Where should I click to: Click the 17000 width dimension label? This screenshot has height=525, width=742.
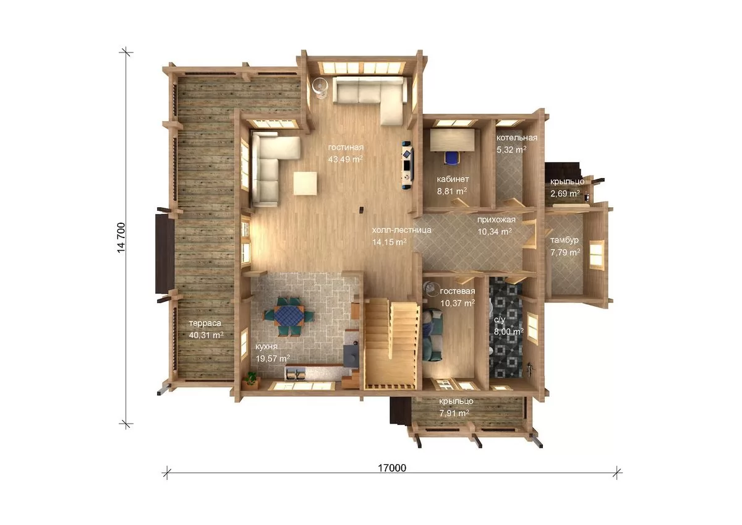click(392, 467)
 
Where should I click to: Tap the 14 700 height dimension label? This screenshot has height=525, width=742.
click(121, 238)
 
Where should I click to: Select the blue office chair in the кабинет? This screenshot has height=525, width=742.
click(451, 157)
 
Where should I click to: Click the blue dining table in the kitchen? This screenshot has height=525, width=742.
click(289, 315)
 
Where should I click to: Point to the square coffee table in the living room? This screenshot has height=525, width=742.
click(305, 183)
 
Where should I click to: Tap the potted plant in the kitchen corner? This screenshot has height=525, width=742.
click(252, 379)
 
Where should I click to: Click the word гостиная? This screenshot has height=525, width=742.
click(346, 147)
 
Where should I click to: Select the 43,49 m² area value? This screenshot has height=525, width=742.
click(345, 160)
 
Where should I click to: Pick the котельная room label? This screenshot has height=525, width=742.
click(516, 137)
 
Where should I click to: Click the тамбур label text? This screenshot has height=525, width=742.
click(565, 240)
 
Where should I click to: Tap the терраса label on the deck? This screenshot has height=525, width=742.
click(205, 323)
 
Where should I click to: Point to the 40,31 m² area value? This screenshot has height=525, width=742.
click(206, 335)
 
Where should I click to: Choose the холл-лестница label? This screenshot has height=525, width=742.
click(401, 230)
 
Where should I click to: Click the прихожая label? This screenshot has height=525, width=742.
click(496, 220)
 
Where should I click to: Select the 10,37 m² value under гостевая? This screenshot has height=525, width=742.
click(458, 303)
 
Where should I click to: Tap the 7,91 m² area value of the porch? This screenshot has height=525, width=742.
click(454, 413)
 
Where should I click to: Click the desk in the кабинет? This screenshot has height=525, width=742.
click(452, 140)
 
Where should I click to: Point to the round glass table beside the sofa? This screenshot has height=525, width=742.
click(320, 88)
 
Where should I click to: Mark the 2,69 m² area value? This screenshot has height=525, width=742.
click(565, 193)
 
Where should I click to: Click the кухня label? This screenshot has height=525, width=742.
click(267, 346)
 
